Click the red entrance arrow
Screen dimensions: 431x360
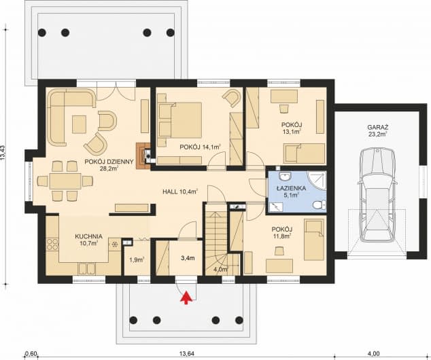[x=186, y=298]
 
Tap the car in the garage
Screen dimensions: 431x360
[x=377, y=197]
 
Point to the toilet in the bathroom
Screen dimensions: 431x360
[x=320, y=205]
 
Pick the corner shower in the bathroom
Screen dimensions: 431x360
[x=317, y=181]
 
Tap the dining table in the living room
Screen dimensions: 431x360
[x=65, y=181]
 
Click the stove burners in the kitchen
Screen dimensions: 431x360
[x=52, y=245]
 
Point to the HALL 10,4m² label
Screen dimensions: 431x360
[x=181, y=192]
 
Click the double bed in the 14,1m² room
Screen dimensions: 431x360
[x=179, y=120]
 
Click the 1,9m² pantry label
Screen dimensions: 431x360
[x=137, y=259]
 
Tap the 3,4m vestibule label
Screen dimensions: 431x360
[x=188, y=258]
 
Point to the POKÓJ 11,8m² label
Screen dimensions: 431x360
[x=281, y=232]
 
